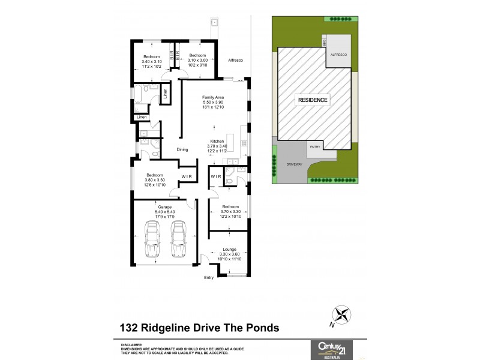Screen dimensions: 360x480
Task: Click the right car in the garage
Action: click(x=178, y=239)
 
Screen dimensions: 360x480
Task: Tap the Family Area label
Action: click(x=212, y=97)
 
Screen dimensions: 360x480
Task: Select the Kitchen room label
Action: click(x=217, y=140)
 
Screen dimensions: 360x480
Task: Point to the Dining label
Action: click(x=182, y=149)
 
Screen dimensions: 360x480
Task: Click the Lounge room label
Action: click(x=229, y=248)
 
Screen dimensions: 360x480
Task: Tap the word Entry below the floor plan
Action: click(x=209, y=277)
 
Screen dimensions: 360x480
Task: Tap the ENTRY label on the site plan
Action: click(x=315, y=146)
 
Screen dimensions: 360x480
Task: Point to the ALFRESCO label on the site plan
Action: click(x=338, y=54)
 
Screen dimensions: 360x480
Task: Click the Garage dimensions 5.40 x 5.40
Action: click(x=165, y=212)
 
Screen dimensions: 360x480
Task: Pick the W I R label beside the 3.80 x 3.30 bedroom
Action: click(x=186, y=176)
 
